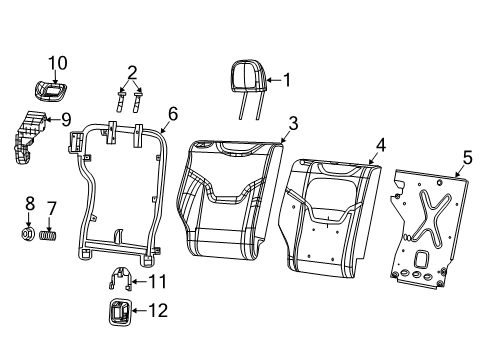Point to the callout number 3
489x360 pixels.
[292, 124]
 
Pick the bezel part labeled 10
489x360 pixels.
[48, 90]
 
